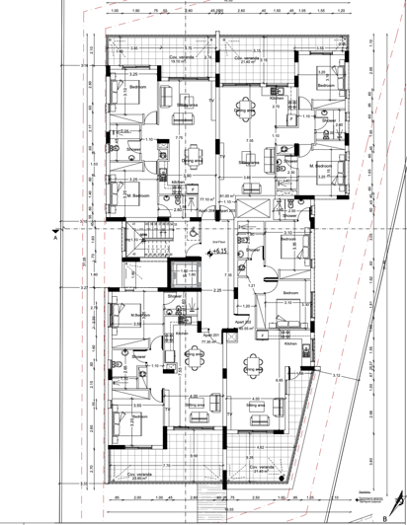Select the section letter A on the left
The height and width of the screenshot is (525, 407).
click(56, 238)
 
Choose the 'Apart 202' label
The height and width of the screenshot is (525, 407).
click(242, 321)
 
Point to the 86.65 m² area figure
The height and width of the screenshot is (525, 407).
click(242, 327)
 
